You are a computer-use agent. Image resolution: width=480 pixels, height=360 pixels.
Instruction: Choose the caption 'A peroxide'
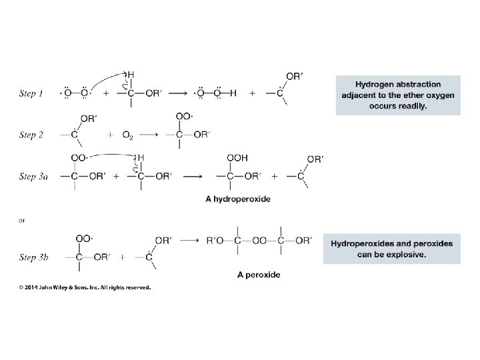tap(259, 274)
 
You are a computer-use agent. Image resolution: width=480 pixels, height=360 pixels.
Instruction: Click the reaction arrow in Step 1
tap(179, 94)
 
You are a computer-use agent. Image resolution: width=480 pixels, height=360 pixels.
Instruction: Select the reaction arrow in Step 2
tap(149, 135)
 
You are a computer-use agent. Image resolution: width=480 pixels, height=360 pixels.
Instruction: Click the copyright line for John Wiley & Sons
tap(85, 288)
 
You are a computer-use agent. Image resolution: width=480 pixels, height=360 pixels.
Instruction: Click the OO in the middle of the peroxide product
tap(259, 241)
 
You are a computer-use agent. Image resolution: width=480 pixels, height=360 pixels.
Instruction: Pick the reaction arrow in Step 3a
tap(193, 177)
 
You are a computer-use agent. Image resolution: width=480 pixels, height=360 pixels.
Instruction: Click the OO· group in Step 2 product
tap(185, 117)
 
